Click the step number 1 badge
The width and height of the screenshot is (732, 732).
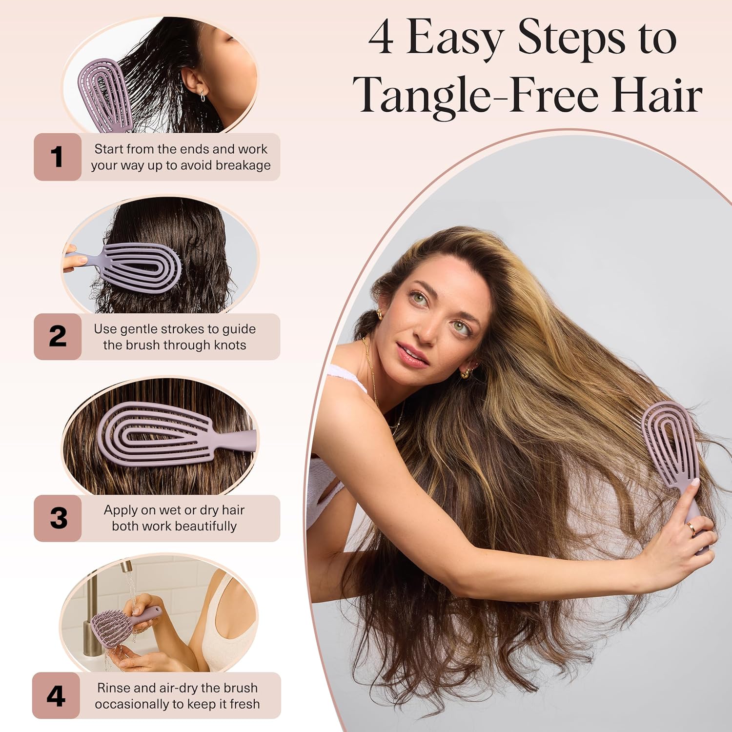[57, 157]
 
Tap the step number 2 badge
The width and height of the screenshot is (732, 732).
[58, 337]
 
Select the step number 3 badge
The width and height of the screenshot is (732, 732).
[58, 518]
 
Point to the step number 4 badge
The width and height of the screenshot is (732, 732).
[56, 696]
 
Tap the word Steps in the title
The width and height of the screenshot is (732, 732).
[571, 38]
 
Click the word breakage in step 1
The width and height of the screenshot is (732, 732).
[243, 165]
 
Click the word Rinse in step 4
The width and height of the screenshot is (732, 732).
[114, 688]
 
